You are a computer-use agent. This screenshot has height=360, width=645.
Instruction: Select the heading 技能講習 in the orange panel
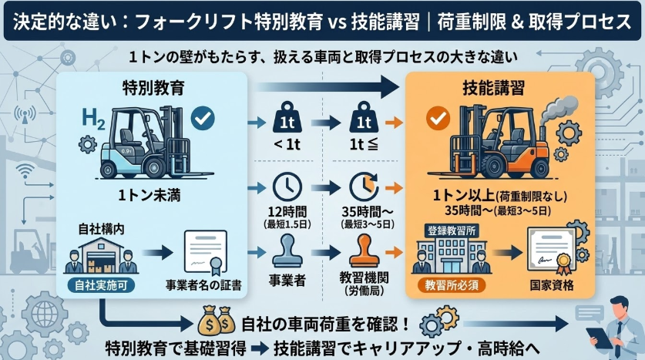[500, 89]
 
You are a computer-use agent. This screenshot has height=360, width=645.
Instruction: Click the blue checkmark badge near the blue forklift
[203, 119]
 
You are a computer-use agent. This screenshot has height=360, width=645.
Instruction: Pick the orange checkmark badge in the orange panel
[437, 119]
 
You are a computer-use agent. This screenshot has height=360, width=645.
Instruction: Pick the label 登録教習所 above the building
[446, 230]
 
